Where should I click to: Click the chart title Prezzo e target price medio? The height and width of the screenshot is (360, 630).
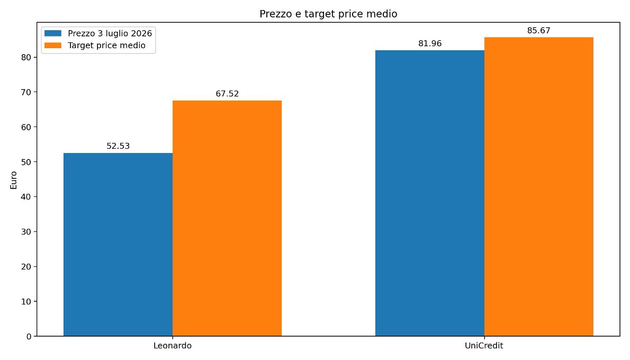pyautogui.click(x=328, y=14)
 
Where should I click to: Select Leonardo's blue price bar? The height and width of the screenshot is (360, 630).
pyautogui.click(x=118, y=244)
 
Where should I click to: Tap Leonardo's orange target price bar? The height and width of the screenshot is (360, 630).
pyautogui.click(x=227, y=218)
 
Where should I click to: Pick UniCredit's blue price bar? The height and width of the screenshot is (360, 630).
pyautogui.click(x=430, y=193)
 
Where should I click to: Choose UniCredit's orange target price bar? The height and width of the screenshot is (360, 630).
pyautogui.click(x=539, y=186)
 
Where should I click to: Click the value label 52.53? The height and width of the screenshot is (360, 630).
pyautogui.click(x=118, y=146)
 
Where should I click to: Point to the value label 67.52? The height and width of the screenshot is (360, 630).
pyautogui.click(x=227, y=94)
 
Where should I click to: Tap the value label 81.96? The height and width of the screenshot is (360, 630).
pyautogui.click(x=430, y=43)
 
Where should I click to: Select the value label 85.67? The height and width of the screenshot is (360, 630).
pyautogui.click(x=539, y=31)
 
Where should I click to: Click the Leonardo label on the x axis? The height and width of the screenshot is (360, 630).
pyautogui.click(x=173, y=346)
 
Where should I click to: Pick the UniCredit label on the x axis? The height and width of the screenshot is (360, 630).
pyautogui.click(x=484, y=346)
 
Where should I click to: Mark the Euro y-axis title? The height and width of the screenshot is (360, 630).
pyautogui.click(x=14, y=180)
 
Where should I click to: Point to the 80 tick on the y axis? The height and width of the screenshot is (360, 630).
pyautogui.click(x=26, y=58)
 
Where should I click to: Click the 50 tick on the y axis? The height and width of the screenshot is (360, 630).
pyautogui.click(x=26, y=162)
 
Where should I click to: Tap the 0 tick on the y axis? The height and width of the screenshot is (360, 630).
pyautogui.click(x=29, y=337)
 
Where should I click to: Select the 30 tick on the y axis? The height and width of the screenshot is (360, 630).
pyautogui.click(x=26, y=232)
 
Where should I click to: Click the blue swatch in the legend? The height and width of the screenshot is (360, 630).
pyautogui.click(x=53, y=33)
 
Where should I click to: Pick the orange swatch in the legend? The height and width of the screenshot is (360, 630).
pyautogui.click(x=53, y=46)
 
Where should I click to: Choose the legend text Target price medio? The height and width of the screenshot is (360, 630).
pyautogui.click(x=106, y=46)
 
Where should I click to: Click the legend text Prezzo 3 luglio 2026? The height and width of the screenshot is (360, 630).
pyautogui.click(x=110, y=33)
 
